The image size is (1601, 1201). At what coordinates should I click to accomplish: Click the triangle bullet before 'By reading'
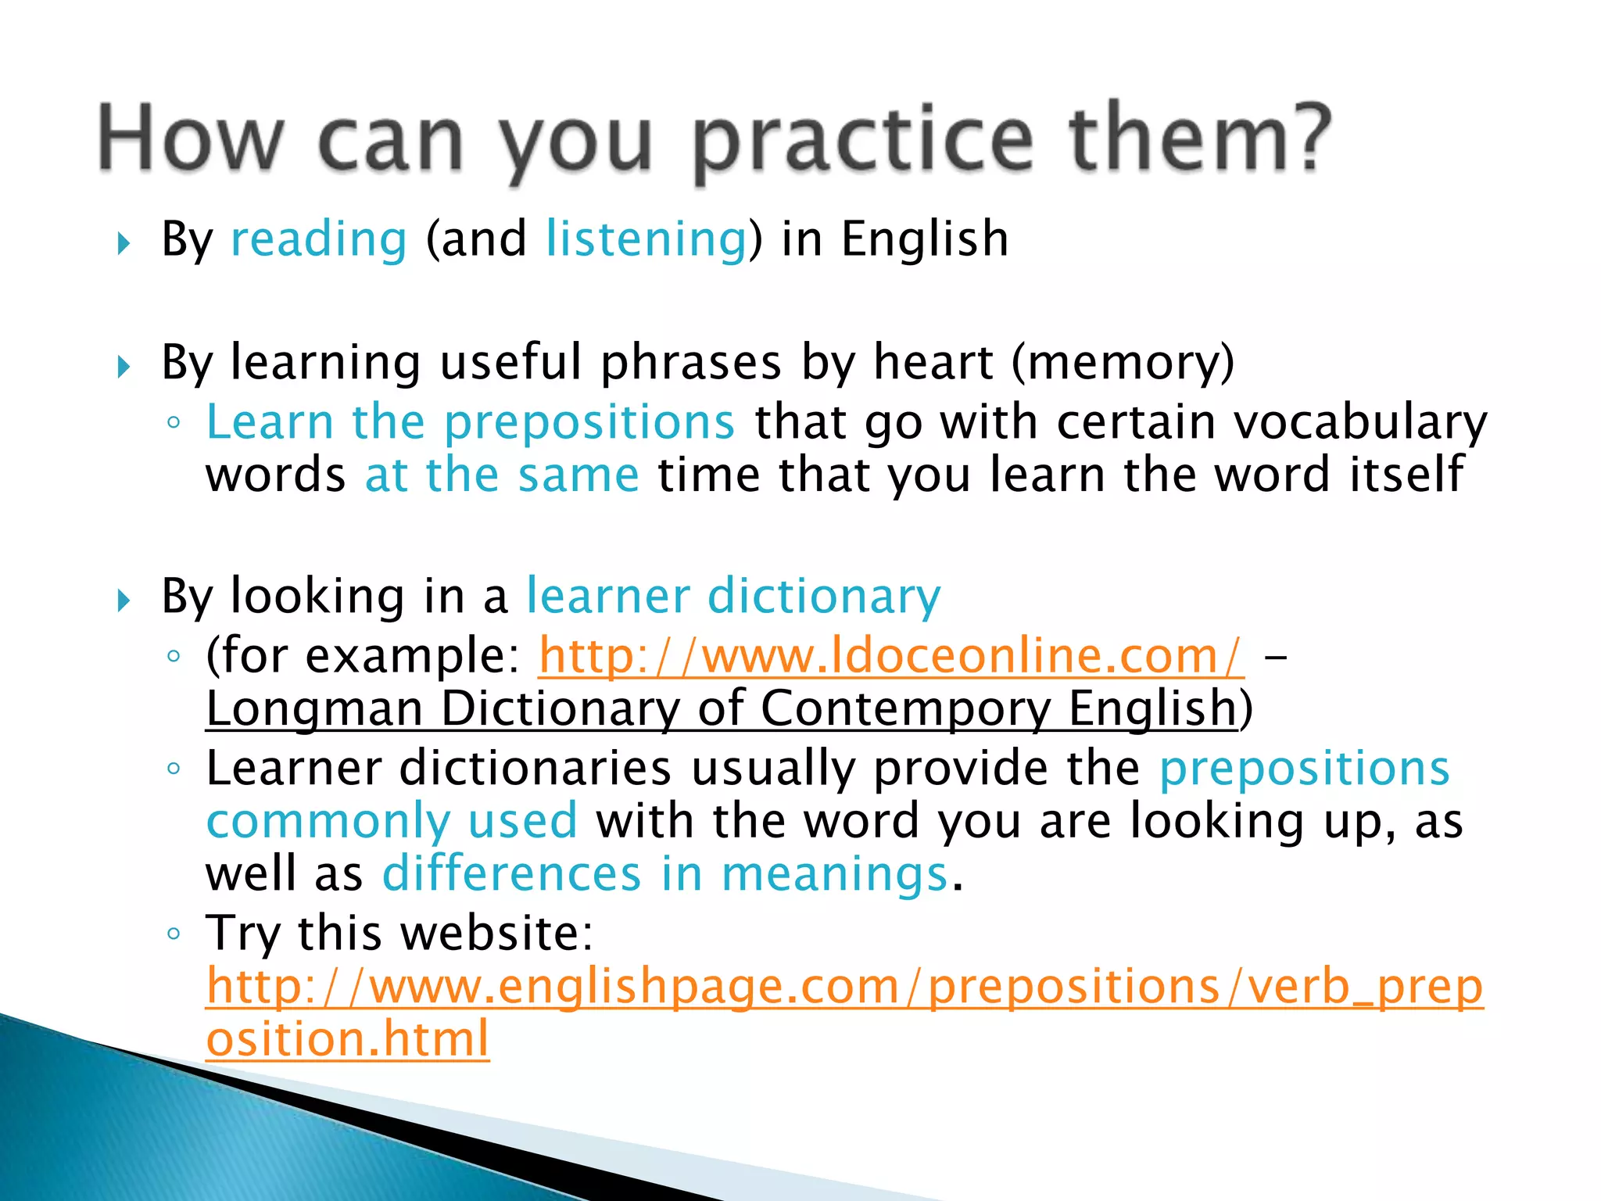click(123, 243)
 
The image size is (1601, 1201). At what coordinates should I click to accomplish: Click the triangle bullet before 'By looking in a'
click(123, 600)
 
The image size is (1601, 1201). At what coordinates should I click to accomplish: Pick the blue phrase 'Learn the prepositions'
click(470, 422)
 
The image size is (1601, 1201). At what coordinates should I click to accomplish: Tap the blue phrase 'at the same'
click(502, 475)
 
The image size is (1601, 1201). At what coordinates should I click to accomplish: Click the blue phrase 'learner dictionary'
click(733, 596)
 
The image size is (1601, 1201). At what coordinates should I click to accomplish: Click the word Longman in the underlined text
click(314, 708)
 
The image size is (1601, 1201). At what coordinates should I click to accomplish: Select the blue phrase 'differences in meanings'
click(664, 873)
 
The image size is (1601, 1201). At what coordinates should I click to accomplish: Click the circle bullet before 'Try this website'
click(174, 934)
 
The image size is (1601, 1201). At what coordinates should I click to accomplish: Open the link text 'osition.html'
click(347, 1039)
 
